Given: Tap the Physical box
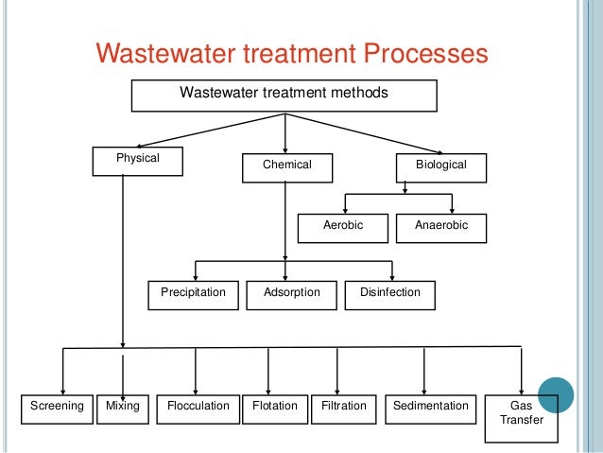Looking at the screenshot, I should coord(137,161).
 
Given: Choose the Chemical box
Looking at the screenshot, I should coord(286,166).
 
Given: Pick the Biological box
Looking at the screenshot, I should coord(441,166).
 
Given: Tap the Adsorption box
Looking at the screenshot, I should coord(291,294).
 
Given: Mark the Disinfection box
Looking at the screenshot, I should coord(390,294).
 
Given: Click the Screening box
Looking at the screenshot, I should coord(57,408).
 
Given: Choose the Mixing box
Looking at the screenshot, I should coord(123,408).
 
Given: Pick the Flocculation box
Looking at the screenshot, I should coord(198,408).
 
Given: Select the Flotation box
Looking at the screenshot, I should coord(274,408).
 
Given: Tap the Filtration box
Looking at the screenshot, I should coord(344,408).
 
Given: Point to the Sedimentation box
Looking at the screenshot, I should coord(430,408).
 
